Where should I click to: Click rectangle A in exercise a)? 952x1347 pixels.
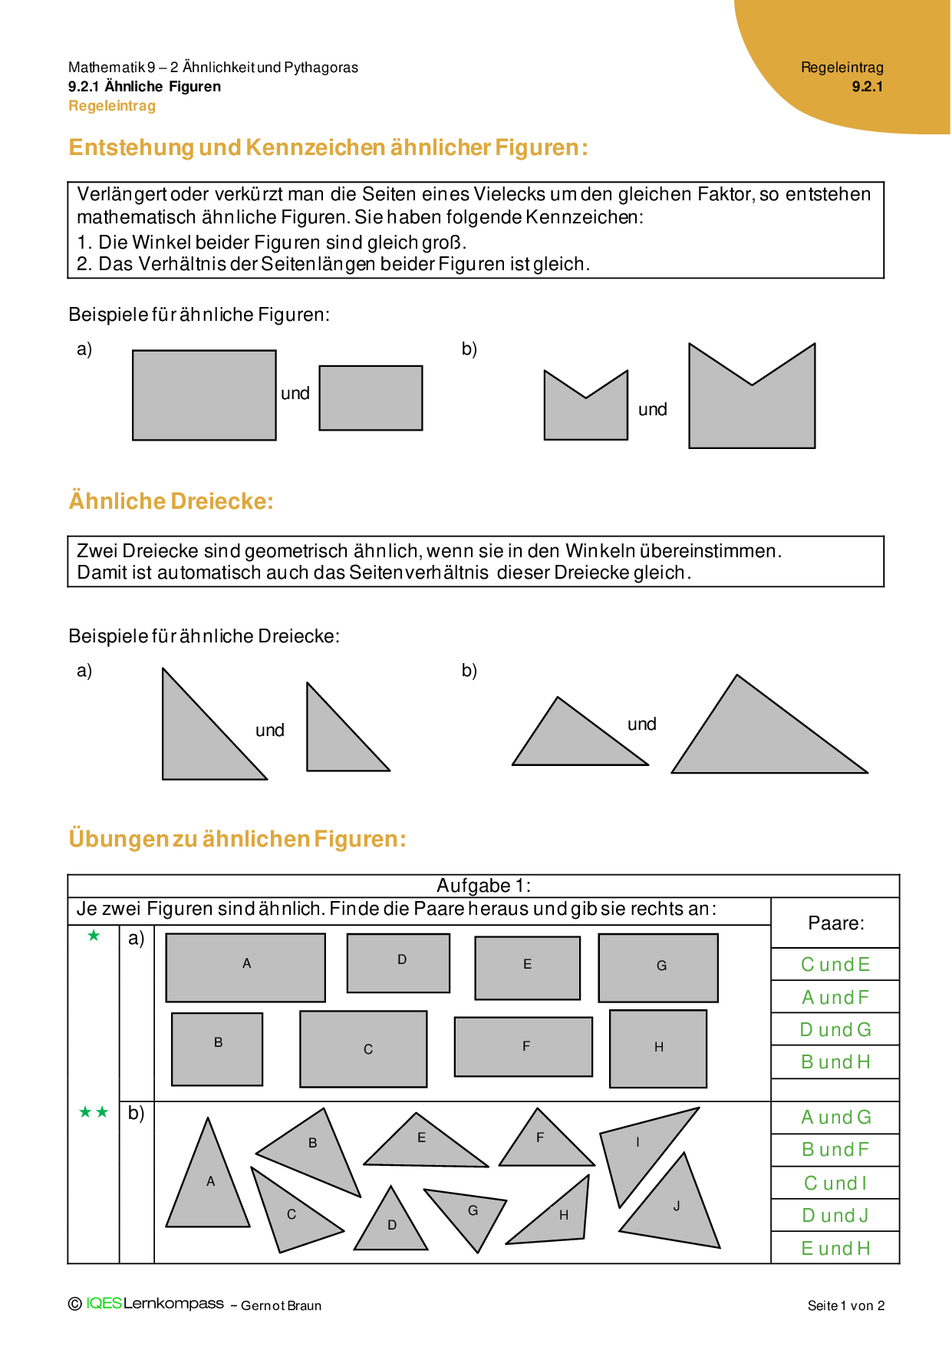click(x=245, y=967)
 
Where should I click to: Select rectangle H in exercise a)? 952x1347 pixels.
click(x=658, y=1048)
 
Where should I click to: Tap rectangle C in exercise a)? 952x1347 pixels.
click(x=363, y=1048)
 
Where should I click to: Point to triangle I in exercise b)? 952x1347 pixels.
click(x=637, y=1147)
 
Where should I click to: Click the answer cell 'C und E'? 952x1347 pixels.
click(x=835, y=965)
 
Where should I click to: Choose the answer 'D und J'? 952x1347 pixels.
click(x=835, y=1216)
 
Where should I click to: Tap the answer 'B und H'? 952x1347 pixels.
click(x=835, y=1062)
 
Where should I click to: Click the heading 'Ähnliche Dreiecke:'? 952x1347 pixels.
click(x=171, y=501)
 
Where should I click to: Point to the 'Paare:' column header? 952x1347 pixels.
click(x=835, y=923)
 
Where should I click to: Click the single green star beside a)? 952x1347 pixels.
click(x=94, y=936)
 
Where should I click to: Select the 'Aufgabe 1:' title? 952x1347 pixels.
click(x=483, y=886)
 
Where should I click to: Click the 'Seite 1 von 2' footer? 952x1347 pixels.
click(x=846, y=1306)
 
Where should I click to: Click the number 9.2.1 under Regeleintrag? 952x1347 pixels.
click(x=867, y=87)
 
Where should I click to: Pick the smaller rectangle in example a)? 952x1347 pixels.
click(x=371, y=398)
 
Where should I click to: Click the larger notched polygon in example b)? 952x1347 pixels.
click(x=752, y=411)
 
